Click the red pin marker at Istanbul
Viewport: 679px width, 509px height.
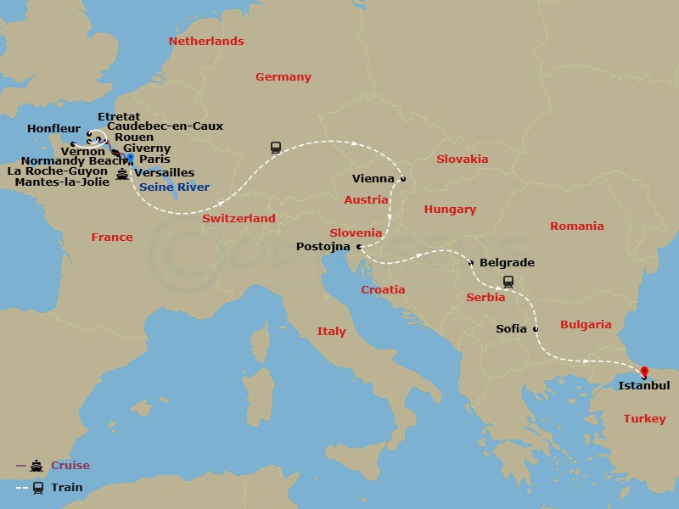643,372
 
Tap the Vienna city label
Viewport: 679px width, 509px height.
373,179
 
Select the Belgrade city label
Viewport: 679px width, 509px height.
507,263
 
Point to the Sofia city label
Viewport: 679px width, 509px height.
512,328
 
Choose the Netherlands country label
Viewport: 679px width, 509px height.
206,42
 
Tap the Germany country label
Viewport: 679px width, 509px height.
283,77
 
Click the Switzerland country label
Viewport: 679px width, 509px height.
238,219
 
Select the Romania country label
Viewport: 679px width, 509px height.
576,227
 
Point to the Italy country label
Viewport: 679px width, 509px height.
331,332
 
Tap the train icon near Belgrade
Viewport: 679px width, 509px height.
508,282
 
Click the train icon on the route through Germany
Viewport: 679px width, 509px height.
276,147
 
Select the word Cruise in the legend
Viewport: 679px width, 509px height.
70,466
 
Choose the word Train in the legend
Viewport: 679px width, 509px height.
66,488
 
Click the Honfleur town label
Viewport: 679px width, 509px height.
53,128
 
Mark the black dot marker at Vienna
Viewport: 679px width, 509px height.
403,179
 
